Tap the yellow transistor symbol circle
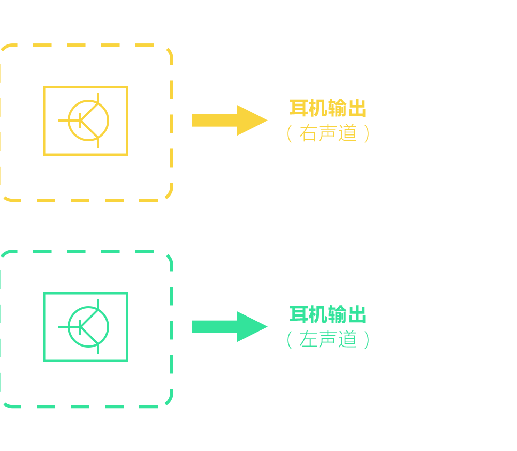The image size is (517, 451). coord(88,121)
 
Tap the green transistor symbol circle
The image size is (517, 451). coord(88,327)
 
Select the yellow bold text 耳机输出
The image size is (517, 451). coord(328,108)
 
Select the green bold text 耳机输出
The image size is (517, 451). coord(328,314)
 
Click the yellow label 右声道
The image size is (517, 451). coord(328,133)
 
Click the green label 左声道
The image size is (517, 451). coord(328,339)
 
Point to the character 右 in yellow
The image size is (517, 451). coord(309,133)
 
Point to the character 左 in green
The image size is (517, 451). coord(309,339)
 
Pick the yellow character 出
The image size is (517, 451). coord(357,108)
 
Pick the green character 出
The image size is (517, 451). coord(357,314)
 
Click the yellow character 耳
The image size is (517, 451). coord(299,108)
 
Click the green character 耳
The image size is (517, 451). coord(299,314)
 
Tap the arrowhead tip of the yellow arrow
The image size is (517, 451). coord(266,120)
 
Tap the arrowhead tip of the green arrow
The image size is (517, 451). coord(266,326)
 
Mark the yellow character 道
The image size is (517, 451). coord(348,133)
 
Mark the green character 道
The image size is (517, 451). coord(348,339)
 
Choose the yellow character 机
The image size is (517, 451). coord(318,108)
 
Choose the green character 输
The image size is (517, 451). coord(338,314)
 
